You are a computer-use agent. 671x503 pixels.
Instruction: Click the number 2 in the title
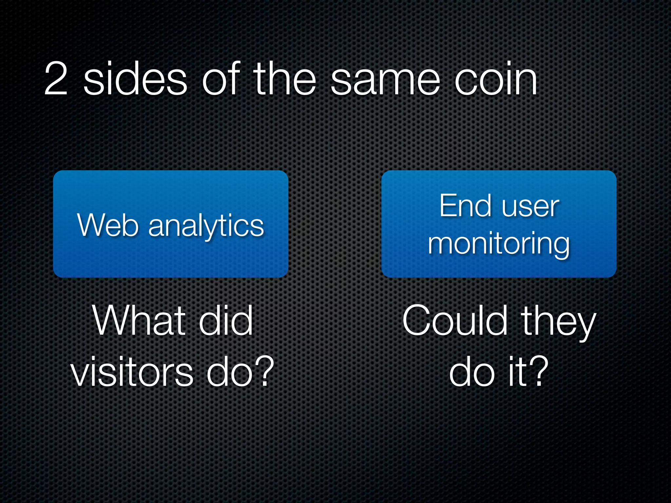coord(56,79)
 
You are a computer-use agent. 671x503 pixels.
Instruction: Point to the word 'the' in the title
coord(285,79)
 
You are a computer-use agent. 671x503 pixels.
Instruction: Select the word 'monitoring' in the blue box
coord(499,244)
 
